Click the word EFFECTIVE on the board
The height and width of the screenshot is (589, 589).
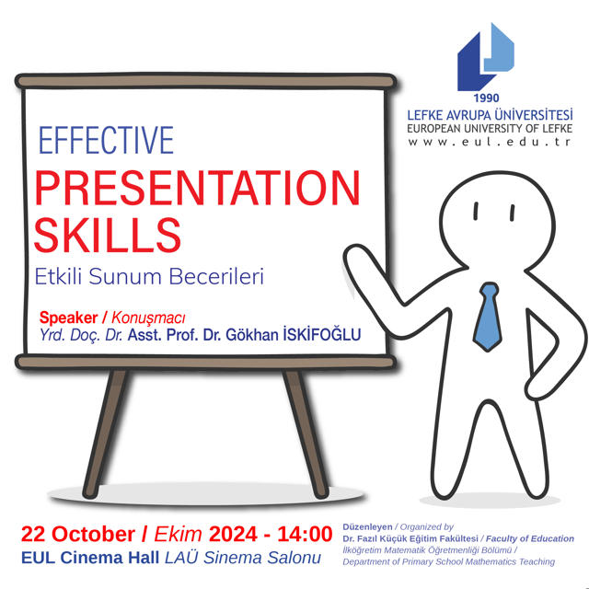click(106, 140)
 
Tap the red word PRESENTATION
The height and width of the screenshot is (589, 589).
click(197, 188)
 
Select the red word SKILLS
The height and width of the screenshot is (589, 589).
click(108, 235)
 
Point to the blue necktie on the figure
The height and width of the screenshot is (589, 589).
click(487, 317)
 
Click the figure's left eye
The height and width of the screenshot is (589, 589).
click(476, 211)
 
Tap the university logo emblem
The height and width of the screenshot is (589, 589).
click(486, 56)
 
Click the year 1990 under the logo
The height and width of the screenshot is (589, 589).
click(486, 98)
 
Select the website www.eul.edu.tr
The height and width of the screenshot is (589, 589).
click(490, 142)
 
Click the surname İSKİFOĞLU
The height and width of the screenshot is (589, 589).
click(321, 334)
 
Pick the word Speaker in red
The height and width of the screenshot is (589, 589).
click(69, 318)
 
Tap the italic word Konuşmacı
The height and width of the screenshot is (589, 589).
click(148, 318)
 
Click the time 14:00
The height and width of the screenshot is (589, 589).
click(305, 534)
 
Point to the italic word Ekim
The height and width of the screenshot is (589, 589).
click(178, 534)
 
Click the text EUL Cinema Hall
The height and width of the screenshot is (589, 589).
click(90, 558)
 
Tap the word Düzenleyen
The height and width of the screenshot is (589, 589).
click(367, 526)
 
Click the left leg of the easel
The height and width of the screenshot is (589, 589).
click(106, 433)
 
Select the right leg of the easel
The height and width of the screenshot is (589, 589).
click(306, 433)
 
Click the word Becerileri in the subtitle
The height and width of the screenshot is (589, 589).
click(216, 276)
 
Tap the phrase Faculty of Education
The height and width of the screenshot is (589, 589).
click(530, 538)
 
